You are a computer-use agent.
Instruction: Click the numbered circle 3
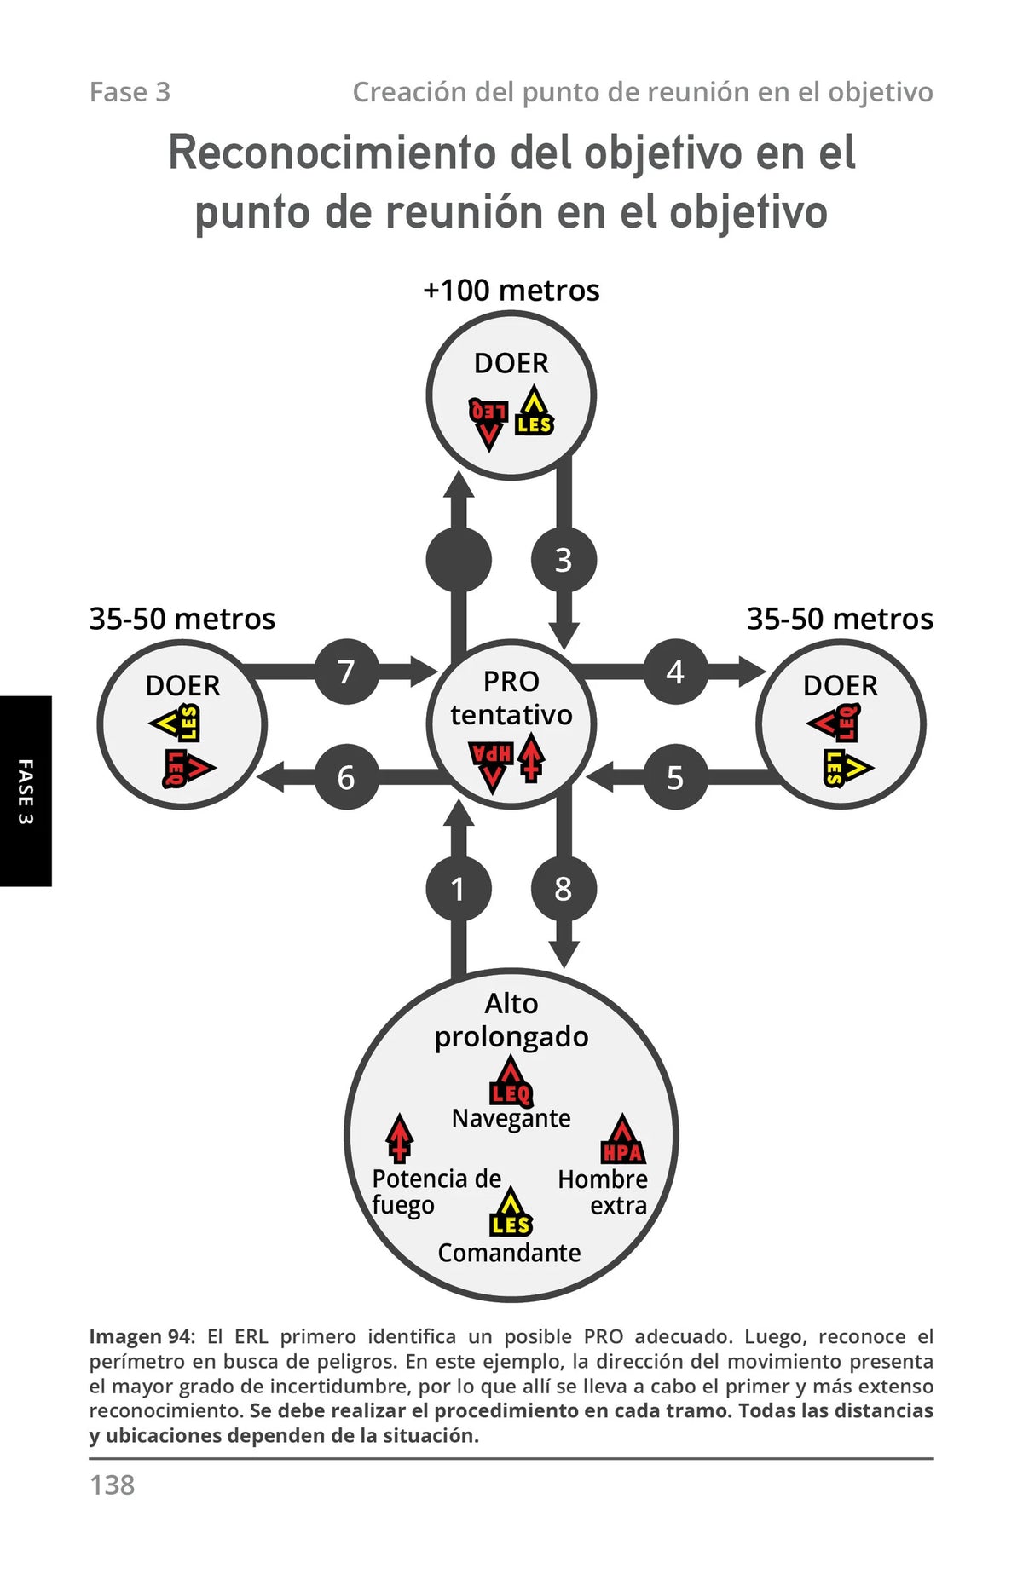(564, 560)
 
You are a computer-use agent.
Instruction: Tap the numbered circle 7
(347, 672)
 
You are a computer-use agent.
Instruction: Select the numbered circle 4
(676, 672)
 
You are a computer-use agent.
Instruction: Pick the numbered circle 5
(676, 777)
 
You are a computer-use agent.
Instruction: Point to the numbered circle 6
(347, 777)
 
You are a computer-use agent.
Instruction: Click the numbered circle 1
(459, 889)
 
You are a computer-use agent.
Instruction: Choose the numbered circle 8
(564, 889)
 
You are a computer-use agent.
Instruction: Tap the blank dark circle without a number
(459, 560)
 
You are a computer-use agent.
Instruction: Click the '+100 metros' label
(511, 291)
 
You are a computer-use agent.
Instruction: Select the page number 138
(113, 1485)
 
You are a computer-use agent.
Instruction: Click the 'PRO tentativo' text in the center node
(511, 698)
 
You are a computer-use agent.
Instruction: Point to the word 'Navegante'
(511, 1118)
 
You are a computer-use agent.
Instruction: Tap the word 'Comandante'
(510, 1253)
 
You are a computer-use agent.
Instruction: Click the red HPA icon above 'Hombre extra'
(622, 1139)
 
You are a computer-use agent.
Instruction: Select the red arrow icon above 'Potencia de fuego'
(399, 1139)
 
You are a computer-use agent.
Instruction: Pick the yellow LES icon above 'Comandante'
(511, 1213)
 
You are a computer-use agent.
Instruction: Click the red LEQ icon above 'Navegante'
(511, 1081)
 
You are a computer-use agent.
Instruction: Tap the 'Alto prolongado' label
(511, 1020)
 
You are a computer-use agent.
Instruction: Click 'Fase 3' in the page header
(130, 92)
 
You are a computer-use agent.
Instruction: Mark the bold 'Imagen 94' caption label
(141, 1336)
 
